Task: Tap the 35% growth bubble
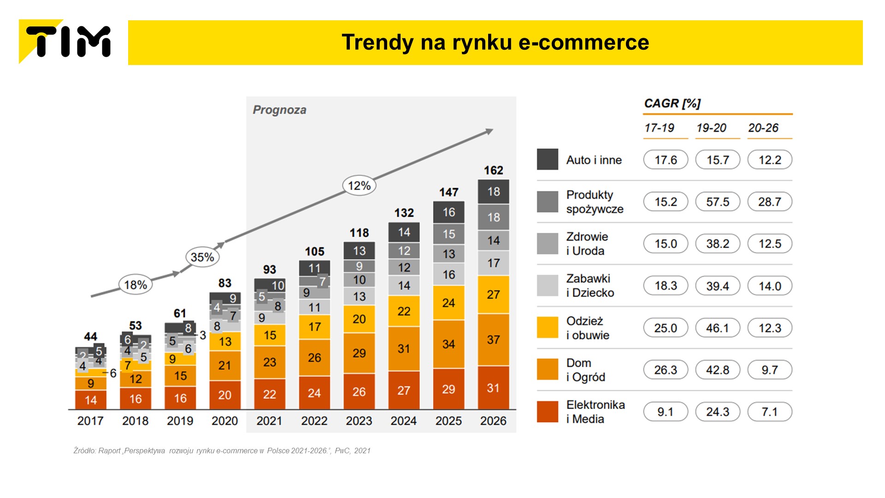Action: tap(202, 257)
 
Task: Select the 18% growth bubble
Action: tap(136, 285)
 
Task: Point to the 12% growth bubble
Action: tap(359, 186)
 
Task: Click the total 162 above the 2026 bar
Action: tap(493, 171)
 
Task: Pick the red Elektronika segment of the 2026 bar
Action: tap(493, 388)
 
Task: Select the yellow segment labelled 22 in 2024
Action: tap(404, 311)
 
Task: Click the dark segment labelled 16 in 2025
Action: tap(448, 212)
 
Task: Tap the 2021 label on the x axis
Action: tap(269, 421)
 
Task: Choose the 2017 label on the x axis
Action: tap(90, 421)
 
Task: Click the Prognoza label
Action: tap(279, 110)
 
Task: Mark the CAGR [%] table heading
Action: tap(672, 104)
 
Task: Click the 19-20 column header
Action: tap(711, 128)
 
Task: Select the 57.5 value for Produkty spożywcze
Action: tap(718, 202)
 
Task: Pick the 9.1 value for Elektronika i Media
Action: tap(666, 412)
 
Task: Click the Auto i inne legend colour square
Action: tap(548, 160)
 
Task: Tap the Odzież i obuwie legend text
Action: tap(588, 328)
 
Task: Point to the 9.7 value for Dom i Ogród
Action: tap(769, 370)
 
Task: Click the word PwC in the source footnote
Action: tap(342, 451)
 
